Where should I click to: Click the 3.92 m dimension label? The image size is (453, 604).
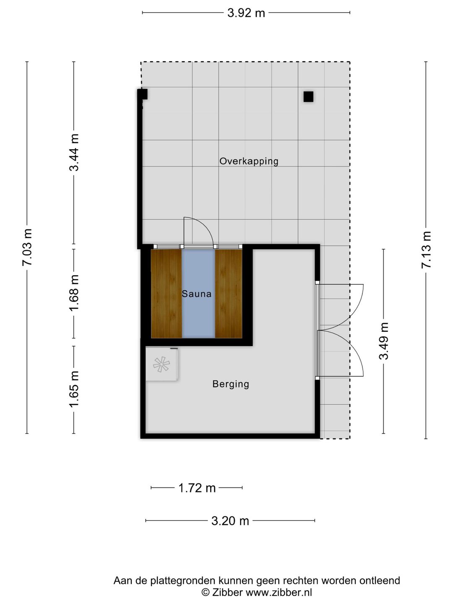(246, 13)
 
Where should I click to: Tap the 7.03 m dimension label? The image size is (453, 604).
(27, 247)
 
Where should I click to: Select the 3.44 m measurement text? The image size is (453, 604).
(74, 152)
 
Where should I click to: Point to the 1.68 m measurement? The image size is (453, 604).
(74, 293)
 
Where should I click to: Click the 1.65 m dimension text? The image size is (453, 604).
(74, 389)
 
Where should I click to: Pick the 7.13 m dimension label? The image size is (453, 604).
(426, 250)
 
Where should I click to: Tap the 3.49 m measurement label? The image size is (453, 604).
(383, 341)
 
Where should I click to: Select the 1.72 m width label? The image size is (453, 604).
(197, 488)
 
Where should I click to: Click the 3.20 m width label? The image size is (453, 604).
(230, 521)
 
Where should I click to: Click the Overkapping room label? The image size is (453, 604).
(249, 161)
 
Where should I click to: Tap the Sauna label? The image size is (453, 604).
(196, 294)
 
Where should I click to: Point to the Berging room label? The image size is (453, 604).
(231, 384)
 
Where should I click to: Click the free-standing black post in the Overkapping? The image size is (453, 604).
(308, 97)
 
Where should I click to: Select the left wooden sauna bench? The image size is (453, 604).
(166, 294)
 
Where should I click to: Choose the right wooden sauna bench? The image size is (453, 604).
(229, 294)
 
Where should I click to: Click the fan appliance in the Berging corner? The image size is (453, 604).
(161, 364)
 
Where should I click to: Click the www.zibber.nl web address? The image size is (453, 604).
(279, 592)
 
